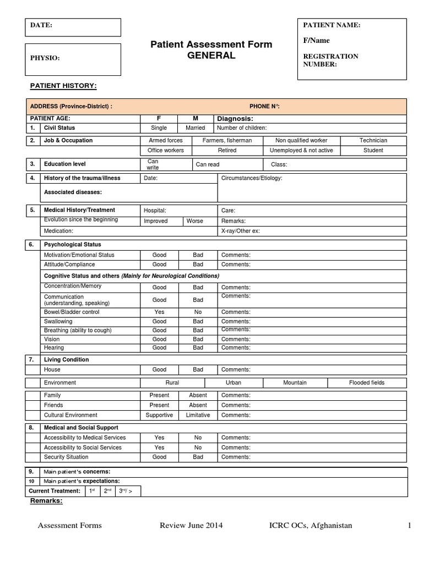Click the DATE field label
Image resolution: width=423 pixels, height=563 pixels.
[x=42, y=25]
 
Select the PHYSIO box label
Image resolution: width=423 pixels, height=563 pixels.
[x=45, y=58]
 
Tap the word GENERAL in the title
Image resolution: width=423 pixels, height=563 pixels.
[x=211, y=56]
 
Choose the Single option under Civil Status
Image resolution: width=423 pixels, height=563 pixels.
[x=159, y=128]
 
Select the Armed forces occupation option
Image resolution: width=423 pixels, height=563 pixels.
[x=165, y=140]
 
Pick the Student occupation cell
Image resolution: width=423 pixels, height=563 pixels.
[x=373, y=150]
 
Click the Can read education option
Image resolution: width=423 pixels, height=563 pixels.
[x=208, y=164]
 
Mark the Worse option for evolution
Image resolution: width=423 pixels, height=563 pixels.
[x=194, y=221]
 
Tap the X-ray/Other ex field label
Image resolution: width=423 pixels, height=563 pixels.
[x=240, y=231]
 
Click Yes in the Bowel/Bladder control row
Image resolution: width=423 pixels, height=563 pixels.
[x=159, y=312]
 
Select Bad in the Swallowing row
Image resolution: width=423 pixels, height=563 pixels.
[x=198, y=321]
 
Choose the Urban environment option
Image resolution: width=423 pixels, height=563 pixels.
[x=234, y=383]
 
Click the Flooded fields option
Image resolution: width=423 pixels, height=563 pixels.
[x=367, y=383]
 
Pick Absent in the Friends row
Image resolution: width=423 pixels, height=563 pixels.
[x=198, y=405]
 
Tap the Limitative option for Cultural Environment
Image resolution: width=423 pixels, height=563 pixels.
[x=198, y=415]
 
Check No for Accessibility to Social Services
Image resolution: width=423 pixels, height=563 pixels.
[x=198, y=448]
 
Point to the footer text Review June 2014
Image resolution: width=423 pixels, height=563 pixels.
[x=191, y=526]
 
